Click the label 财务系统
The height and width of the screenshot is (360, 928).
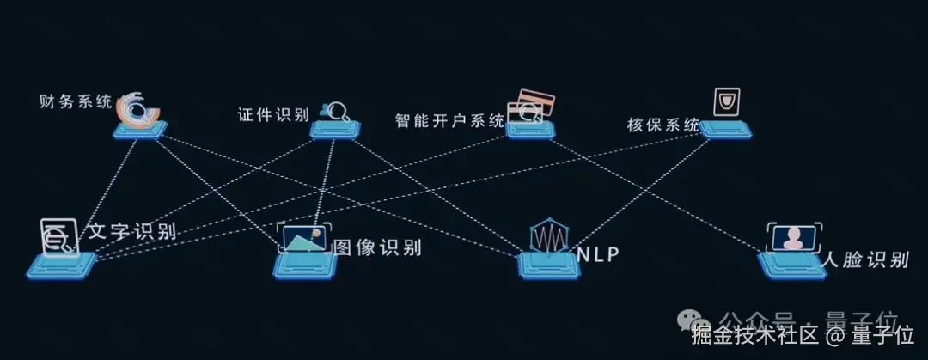tap(76, 102)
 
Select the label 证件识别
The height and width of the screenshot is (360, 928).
tap(273, 115)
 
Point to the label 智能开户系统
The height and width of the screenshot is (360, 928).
tap(449, 121)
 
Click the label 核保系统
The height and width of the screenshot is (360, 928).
tap(663, 125)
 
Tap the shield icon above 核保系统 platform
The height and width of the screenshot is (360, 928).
tap(728, 102)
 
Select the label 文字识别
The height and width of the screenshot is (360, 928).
tap(131, 232)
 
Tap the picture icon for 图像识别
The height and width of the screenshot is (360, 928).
tap(307, 238)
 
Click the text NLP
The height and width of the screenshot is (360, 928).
tap(598, 253)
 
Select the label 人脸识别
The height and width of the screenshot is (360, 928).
tap(864, 259)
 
